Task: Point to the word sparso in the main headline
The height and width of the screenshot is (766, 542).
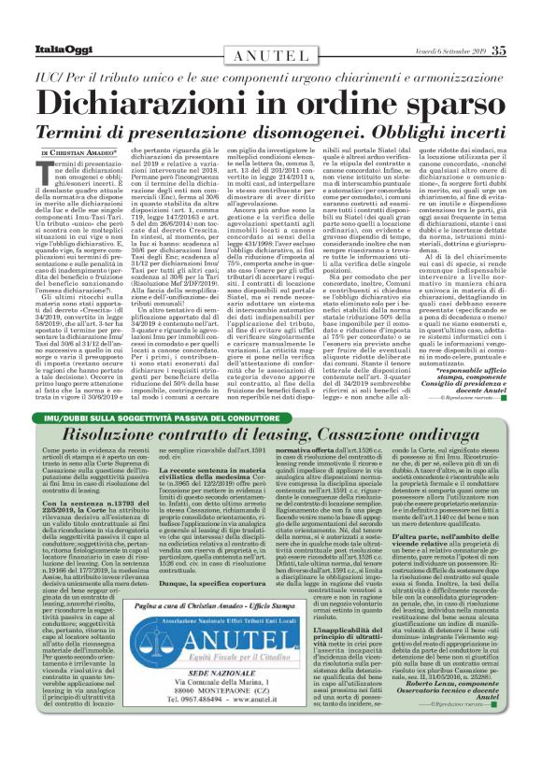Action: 448,97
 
